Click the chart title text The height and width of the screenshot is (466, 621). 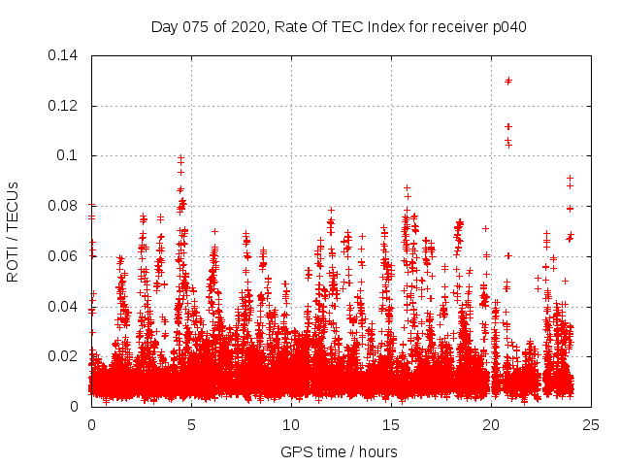(x=339, y=26)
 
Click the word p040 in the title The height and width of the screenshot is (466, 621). (x=507, y=26)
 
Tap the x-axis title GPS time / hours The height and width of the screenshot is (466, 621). (x=339, y=451)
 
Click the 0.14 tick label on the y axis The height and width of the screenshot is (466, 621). (x=66, y=54)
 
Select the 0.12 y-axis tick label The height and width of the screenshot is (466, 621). (x=66, y=105)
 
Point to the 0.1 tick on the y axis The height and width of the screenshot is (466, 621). (x=70, y=155)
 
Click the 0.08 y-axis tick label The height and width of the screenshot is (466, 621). (x=66, y=206)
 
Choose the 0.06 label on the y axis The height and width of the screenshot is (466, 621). (x=66, y=256)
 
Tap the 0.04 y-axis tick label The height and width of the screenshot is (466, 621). (x=66, y=307)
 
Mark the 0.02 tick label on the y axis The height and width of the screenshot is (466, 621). (x=66, y=356)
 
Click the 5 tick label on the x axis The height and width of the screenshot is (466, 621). (x=191, y=424)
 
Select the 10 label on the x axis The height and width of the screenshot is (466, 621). (x=291, y=424)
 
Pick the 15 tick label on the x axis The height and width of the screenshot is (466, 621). (x=391, y=424)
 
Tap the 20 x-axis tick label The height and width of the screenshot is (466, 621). (x=491, y=424)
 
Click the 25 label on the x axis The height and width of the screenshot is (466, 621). (x=591, y=424)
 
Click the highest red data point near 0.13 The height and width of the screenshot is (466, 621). (x=507, y=81)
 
